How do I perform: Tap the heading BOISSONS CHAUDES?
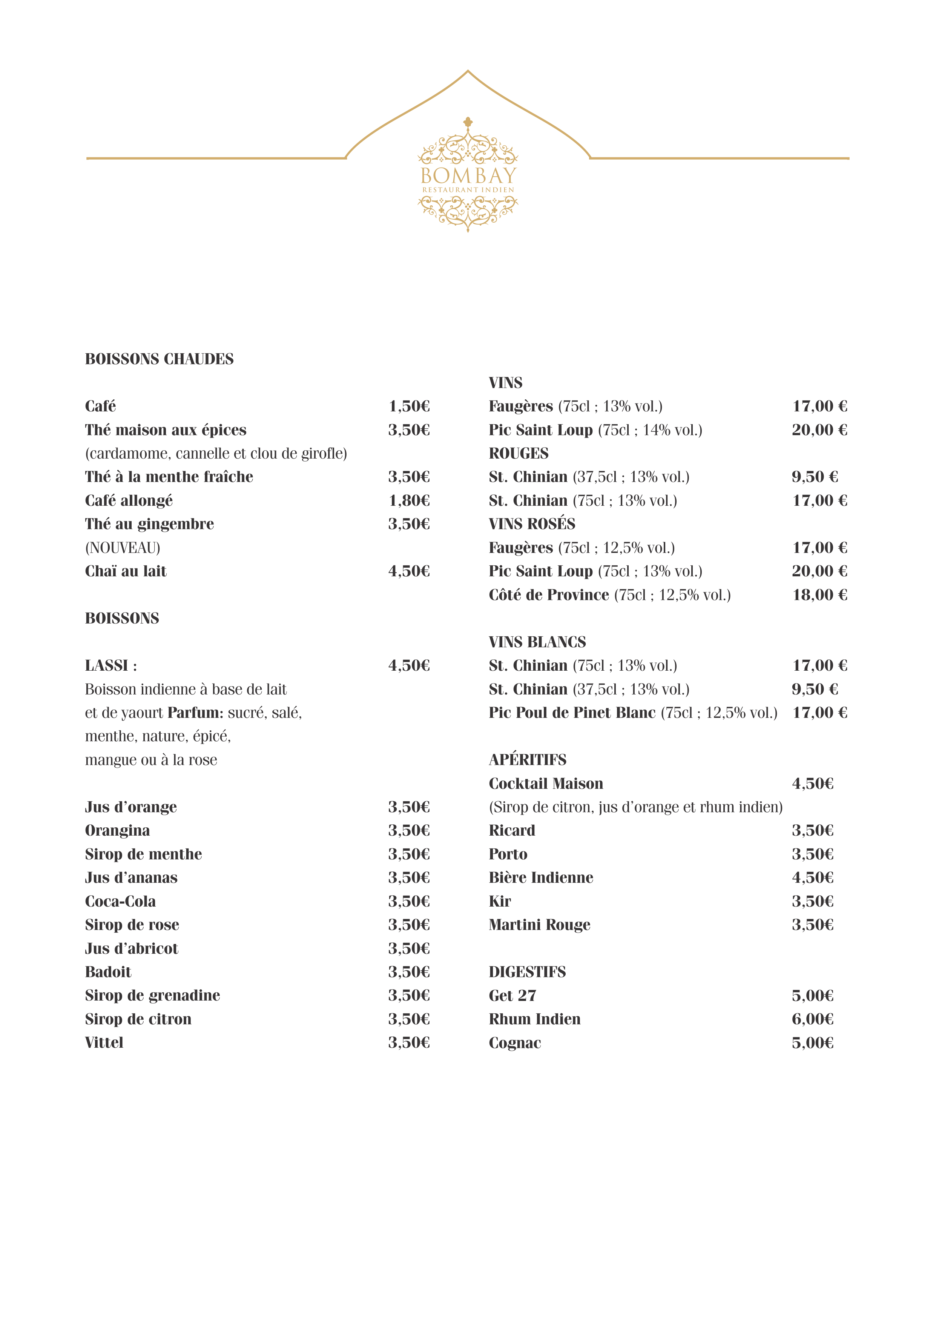pos(159,359)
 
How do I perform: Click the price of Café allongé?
pos(409,500)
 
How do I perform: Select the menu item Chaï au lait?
pos(126,571)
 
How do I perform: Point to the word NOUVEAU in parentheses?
pos(123,547)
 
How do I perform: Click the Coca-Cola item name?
pos(120,901)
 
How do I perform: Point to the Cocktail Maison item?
pos(545,783)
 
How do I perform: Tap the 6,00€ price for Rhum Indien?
pos(812,1019)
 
